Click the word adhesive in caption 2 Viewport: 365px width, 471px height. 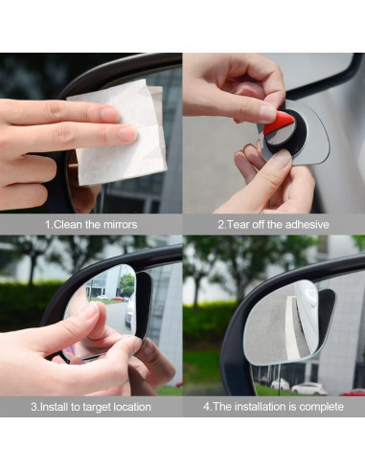click(303, 225)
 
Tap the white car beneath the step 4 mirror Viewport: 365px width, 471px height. click(308, 388)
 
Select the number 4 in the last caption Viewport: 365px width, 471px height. click(206, 407)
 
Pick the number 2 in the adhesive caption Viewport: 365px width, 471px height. click(220, 225)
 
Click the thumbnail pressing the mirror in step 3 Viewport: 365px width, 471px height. click(88, 311)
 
